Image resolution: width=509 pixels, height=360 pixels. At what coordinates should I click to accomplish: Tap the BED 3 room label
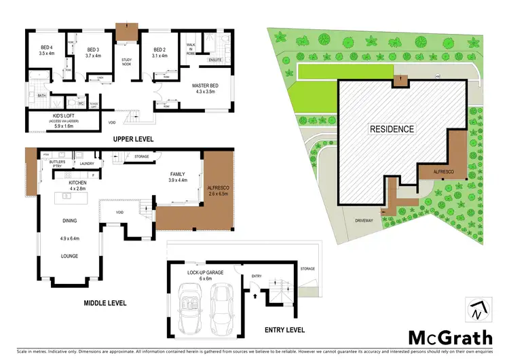94,50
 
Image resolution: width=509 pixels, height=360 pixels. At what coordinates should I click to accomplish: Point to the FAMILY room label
178,175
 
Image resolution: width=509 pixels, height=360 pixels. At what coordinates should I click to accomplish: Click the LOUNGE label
69,256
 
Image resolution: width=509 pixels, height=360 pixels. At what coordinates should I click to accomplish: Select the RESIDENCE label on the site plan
392,128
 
